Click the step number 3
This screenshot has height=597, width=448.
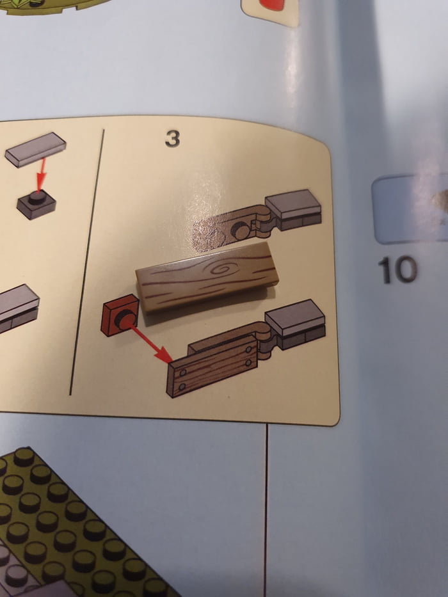pyautogui.click(x=172, y=139)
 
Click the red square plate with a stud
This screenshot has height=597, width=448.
pyautogui.click(x=120, y=316)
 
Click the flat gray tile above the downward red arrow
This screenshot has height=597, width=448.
pyautogui.click(x=36, y=149)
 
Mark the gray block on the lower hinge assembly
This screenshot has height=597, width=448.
pyautogui.click(x=296, y=324)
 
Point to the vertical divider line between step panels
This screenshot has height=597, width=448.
pyautogui.click(x=87, y=262)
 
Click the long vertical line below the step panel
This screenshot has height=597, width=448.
pyautogui.click(x=265, y=512)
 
